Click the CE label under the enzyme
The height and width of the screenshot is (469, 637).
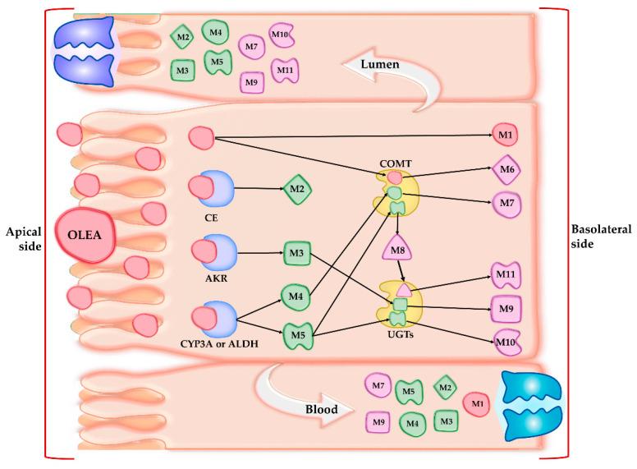[212, 219]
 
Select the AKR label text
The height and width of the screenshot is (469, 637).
[213, 278]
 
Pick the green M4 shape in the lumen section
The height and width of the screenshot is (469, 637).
[215, 33]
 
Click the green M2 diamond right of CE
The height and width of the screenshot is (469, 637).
[297, 190]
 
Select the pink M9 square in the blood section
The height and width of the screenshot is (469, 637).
[378, 422]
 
